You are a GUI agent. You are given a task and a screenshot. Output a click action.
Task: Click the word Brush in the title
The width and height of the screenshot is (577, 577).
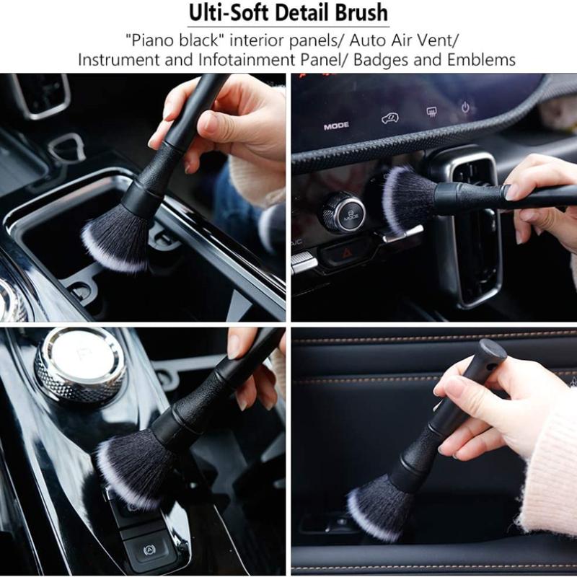click(360, 13)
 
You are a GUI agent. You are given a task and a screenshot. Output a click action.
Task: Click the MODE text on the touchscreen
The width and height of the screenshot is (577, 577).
click(336, 125)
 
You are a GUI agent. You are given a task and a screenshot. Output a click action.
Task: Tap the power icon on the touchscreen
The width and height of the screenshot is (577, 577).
click(466, 107)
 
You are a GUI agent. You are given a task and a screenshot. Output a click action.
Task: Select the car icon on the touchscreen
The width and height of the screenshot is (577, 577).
click(390, 118)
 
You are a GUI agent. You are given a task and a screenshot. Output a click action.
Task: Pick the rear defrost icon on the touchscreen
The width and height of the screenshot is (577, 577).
click(432, 112)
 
